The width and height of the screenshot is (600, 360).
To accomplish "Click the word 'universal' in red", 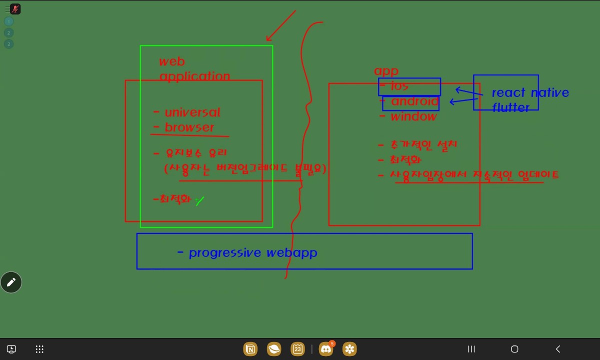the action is click(192, 112).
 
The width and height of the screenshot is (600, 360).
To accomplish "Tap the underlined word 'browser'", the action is click(189, 127).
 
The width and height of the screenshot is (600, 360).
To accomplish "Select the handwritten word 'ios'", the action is click(399, 86).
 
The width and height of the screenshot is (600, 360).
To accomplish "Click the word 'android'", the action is click(414, 101).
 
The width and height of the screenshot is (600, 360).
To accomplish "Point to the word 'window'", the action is click(413, 117).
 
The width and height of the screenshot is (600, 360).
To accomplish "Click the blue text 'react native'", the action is click(530, 92).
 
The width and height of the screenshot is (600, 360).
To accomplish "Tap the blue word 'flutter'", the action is click(510, 107).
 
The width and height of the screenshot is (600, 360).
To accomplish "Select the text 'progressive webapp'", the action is click(253, 252).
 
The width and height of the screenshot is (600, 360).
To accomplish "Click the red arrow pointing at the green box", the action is click(280, 25).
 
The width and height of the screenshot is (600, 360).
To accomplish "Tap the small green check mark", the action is click(200, 201).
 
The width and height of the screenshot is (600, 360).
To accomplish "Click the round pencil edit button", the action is click(11, 282).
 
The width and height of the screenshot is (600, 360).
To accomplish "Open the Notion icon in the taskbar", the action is click(250, 349).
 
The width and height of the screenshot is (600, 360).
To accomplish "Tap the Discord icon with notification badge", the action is click(326, 349).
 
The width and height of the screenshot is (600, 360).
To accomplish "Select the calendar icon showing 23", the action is click(297, 349).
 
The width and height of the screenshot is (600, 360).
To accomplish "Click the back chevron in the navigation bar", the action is click(558, 349).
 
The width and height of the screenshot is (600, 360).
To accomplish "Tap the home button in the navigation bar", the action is click(514, 349).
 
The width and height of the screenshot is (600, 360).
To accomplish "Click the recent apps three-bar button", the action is click(471, 349).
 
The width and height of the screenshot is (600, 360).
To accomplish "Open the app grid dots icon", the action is click(40, 349).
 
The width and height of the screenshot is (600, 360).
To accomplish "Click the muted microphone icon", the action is click(15, 9).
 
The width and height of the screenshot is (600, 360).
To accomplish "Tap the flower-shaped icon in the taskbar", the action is click(349, 349).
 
